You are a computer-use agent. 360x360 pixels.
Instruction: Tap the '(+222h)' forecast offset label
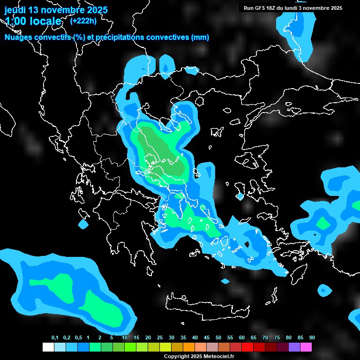[x=84, y=21]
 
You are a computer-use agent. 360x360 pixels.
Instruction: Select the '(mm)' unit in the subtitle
[x=200, y=37]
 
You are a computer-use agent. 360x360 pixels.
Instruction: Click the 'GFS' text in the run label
[x=262, y=8]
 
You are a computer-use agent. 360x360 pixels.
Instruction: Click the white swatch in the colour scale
[x=48, y=347]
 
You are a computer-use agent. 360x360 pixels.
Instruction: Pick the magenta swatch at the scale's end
[x=306, y=347]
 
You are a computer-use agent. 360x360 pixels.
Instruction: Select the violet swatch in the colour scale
[x=294, y=347]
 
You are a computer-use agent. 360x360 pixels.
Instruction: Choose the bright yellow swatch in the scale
[x=165, y=347]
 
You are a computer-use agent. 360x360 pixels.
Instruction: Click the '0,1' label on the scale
[x=55, y=338]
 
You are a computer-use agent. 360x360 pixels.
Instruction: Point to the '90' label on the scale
[x=312, y=338]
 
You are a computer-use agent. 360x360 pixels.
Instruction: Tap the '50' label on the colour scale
[x=218, y=338]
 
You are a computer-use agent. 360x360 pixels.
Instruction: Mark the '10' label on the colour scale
[x=125, y=338]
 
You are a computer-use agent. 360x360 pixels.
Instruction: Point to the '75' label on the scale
[x=277, y=338]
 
